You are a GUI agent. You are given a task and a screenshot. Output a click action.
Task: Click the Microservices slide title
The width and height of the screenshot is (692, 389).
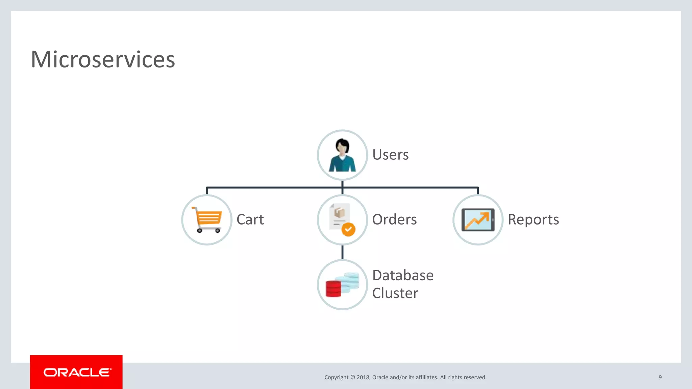point(103,59)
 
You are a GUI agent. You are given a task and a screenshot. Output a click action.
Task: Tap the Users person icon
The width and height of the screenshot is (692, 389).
point(342,155)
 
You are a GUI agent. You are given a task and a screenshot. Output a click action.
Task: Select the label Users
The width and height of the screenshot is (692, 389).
point(390,155)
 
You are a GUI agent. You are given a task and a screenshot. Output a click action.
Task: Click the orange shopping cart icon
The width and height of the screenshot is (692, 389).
point(207,219)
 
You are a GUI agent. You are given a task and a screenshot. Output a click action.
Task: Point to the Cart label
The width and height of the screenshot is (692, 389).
point(250,219)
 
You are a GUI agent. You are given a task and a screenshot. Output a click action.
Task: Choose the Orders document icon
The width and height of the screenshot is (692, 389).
point(339,216)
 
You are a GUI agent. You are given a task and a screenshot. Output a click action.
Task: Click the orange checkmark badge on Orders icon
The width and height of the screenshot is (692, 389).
point(348,230)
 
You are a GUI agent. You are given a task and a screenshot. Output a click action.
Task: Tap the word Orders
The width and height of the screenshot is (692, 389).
point(394,219)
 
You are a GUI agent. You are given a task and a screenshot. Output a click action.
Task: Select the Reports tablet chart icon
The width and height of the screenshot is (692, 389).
point(478,220)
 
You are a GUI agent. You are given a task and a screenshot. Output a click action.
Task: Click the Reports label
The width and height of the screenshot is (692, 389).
point(533,219)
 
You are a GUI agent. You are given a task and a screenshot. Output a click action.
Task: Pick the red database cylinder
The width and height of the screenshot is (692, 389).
point(333,289)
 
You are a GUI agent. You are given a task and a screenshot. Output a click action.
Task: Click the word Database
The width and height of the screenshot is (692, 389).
point(403,275)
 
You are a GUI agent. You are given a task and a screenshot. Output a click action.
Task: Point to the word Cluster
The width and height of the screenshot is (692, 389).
point(395,293)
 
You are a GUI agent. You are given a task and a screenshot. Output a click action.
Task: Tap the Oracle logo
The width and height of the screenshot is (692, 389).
point(77,372)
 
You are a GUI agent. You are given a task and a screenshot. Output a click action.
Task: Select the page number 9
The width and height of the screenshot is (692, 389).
point(660,377)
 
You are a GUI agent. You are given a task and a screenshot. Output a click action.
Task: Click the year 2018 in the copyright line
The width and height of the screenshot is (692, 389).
point(363,377)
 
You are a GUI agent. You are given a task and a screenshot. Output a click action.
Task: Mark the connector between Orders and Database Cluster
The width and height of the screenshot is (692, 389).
point(342,252)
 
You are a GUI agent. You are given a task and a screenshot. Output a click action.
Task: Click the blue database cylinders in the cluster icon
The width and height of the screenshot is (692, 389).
point(350,282)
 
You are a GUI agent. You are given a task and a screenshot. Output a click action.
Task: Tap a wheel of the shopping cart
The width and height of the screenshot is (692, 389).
point(200,231)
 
